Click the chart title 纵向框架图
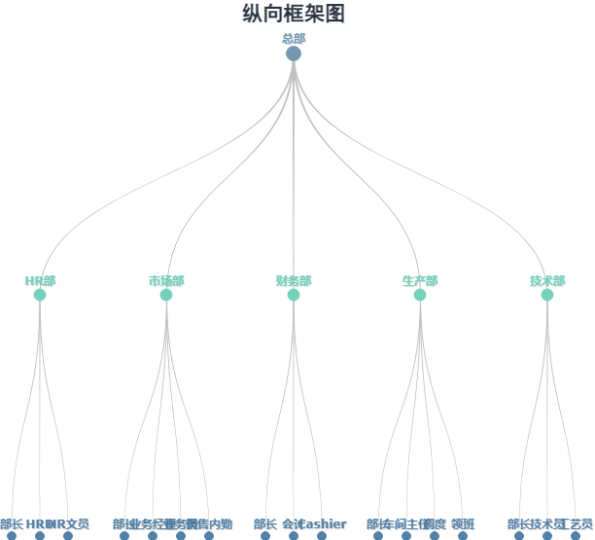[x=294, y=14]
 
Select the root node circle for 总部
[x=294, y=54]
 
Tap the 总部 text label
[x=294, y=39]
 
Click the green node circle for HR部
[x=40, y=295]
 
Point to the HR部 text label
[x=40, y=281]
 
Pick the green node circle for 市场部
[x=166, y=295]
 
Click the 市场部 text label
[x=166, y=281]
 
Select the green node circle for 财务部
[x=294, y=295]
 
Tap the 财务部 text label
[x=294, y=281]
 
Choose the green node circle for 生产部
[x=420, y=295]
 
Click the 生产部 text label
[x=420, y=281]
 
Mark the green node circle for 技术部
[x=547, y=295]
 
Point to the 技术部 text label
[x=547, y=281]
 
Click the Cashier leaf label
[x=324, y=524]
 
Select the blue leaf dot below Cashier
[x=322, y=535]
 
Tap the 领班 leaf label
[x=463, y=524]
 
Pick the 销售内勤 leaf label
[x=211, y=524]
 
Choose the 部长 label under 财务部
[x=265, y=524]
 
